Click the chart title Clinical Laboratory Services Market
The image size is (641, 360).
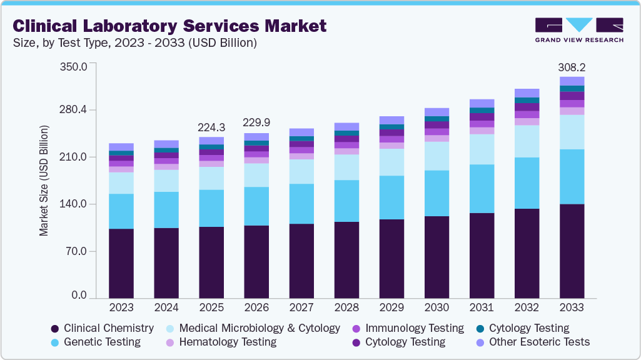tap(169, 26)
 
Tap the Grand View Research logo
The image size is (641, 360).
tap(578, 29)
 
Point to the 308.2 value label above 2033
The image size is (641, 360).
tap(572, 67)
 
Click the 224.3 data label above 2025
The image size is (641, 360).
tap(211, 127)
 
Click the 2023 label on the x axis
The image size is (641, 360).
tap(121, 307)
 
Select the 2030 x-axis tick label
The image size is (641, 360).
tap(437, 307)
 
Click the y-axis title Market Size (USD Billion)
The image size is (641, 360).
tap(44, 181)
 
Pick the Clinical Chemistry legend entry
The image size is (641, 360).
tap(102, 328)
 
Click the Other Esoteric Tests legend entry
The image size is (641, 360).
tap(532, 342)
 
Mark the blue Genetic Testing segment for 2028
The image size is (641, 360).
tap(346, 201)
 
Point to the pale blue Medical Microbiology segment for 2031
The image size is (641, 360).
tap(482, 149)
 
